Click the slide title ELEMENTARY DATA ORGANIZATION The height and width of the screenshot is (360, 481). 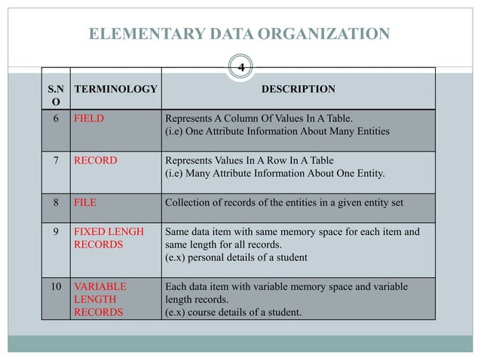(240, 33)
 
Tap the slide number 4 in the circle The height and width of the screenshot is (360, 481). (240, 68)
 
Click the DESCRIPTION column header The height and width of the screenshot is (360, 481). (298, 89)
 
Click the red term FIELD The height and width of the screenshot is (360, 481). (88, 118)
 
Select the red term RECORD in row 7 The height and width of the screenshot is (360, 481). (94, 160)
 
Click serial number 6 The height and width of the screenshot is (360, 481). (56, 118)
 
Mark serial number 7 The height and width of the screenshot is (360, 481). (56, 160)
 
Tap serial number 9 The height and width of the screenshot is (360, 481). (56, 233)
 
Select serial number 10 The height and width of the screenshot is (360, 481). (56, 287)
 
